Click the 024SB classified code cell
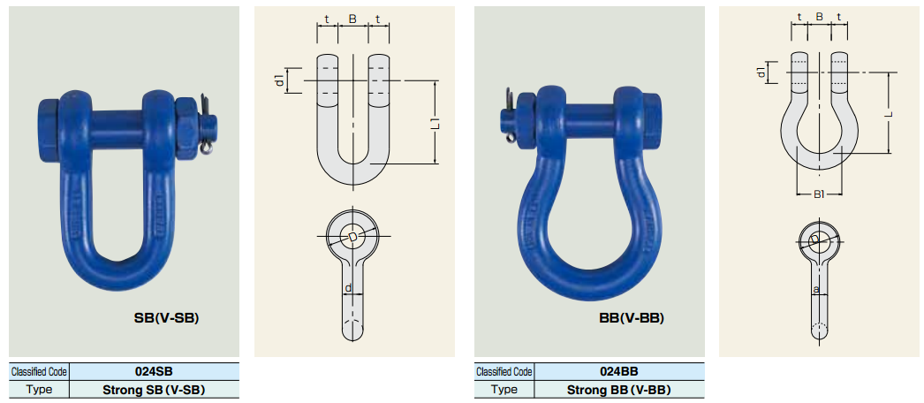pos(155,371)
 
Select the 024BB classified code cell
pos(618,371)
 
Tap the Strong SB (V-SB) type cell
pos(155,390)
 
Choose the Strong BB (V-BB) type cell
pos(618,390)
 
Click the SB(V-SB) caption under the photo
pos(167,318)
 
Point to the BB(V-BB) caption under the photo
pos(632,318)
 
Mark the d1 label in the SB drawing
pos(281,80)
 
